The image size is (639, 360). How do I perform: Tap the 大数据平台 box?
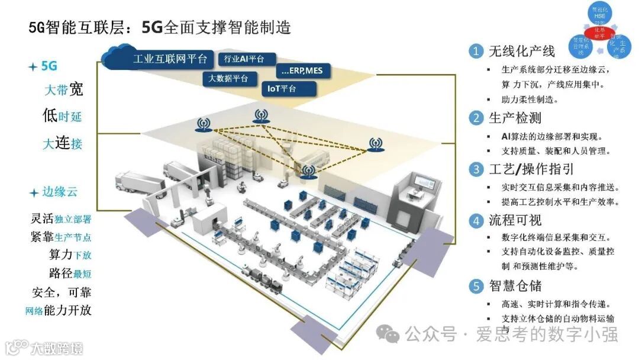tap(228, 78)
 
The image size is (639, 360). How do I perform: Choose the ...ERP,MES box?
tap(304, 71)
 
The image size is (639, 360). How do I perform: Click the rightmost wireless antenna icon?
tap(375, 144)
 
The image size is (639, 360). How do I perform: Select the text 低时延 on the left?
tap(62, 115)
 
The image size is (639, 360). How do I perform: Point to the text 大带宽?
tap(63, 90)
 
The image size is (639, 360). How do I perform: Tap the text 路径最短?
tap(70, 273)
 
